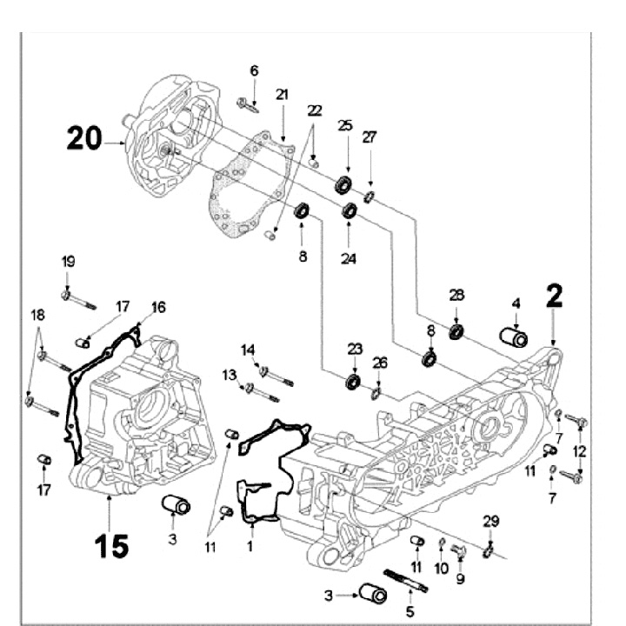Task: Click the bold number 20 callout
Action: tap(83, 139)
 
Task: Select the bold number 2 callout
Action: tap(553, 298)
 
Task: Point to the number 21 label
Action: tap(282, 94)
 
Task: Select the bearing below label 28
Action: tap(456, 331)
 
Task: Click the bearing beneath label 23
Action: tap(354, 380)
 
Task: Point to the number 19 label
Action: tap(68, 263)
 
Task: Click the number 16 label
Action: tap(158, 307)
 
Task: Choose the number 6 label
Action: tap(254, 70)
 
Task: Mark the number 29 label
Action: tap(491, 521)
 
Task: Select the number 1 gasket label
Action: tap(250, 548)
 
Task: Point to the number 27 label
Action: tap(370, 137)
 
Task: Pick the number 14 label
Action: tap(249, 350)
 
